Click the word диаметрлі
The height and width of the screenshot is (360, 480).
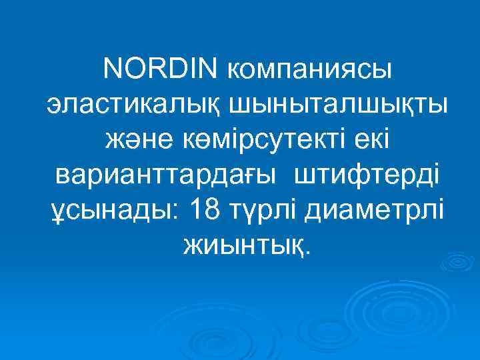[375, 213]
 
